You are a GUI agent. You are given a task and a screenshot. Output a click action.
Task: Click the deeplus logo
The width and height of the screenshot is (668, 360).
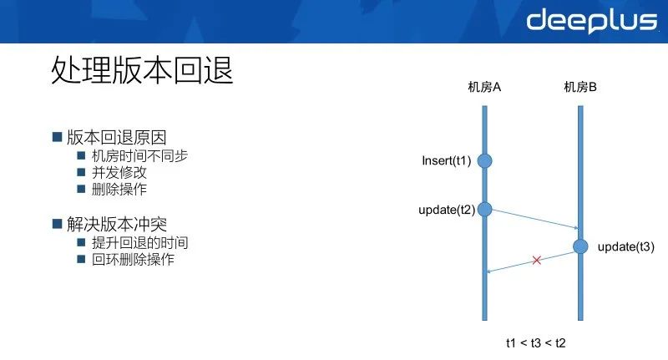[591, 20]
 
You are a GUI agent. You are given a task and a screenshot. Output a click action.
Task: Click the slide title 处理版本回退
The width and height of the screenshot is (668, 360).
[142, 71]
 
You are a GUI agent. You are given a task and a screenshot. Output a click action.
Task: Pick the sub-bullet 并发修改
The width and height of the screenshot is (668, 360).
[119, 173]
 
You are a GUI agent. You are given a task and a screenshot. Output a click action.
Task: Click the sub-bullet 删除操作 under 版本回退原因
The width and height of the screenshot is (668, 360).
[119, 190]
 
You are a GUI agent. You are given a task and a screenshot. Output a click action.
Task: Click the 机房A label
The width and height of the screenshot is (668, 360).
[483, 87]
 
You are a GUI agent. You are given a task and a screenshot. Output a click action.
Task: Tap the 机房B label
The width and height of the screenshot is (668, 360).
[580, 87]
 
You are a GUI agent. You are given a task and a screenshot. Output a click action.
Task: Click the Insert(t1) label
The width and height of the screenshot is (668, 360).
[447, 160]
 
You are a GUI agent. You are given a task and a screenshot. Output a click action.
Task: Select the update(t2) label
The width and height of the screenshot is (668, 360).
[446, 210]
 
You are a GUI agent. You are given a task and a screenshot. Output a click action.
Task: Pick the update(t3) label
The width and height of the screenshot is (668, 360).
[625, 246]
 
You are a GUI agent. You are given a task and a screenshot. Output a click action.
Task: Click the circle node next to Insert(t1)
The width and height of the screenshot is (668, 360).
[484, 160]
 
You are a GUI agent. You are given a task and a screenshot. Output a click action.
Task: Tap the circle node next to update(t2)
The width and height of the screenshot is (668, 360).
[484, 209]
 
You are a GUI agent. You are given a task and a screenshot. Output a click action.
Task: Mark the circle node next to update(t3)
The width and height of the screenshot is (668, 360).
[580, 246]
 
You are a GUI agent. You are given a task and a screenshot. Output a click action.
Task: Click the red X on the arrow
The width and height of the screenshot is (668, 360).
[537, 260]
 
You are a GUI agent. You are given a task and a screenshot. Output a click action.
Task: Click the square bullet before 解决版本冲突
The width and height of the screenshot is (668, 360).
[57, 224]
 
